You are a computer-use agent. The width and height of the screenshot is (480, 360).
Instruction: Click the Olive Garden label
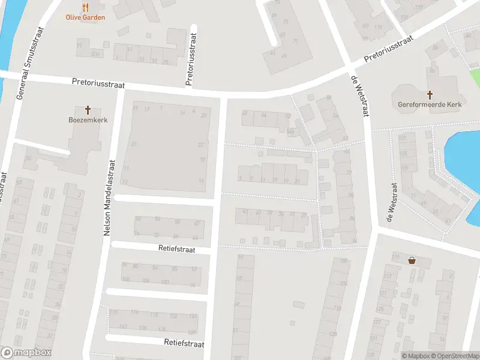[85, 17]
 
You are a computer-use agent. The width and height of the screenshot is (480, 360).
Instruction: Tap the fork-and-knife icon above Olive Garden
[85, 8]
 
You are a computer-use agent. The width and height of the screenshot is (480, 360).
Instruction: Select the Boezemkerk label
[88, 119]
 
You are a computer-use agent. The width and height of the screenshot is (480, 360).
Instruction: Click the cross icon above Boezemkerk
[88, 110]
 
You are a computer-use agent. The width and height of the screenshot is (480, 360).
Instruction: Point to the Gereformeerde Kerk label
[430, 104]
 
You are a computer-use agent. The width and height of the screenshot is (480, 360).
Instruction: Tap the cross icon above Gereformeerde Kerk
[430, 94]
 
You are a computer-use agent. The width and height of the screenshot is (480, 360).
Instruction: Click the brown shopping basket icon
[412, 260]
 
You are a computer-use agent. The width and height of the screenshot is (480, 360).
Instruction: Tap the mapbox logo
[26, 353]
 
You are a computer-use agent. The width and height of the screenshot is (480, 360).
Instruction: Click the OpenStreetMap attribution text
[454, 356]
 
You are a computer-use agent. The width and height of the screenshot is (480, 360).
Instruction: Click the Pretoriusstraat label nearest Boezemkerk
[98, 84]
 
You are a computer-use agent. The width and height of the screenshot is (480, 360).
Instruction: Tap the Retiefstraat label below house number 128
[184, 344]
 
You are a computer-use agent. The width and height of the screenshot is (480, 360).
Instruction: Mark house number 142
[123, 326]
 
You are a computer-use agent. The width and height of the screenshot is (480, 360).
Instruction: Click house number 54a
[290, 130]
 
